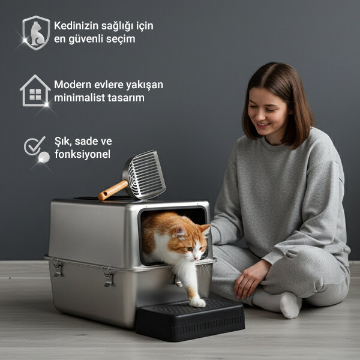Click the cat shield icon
[36, 32]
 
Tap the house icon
[35, 91]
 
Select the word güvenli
[90, 39]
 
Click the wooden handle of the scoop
[112, 190]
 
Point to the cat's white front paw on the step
[197, 302]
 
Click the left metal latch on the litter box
[57, 268]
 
